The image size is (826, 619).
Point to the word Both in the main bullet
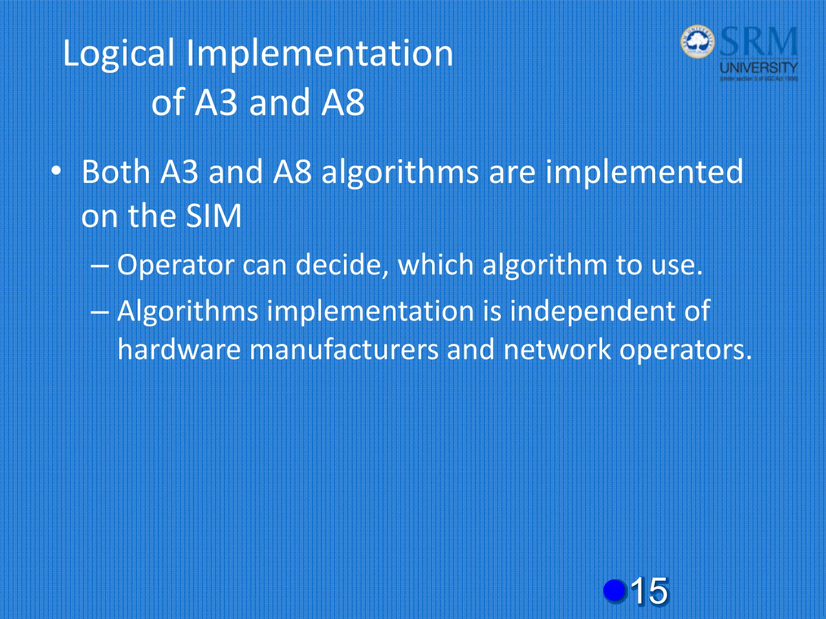pos(116,172)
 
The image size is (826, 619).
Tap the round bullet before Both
pos(56,172)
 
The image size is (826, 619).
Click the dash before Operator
pos(100,266)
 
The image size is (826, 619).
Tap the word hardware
pos(179,349)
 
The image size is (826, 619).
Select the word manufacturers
pos(344,349)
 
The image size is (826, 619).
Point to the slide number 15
pos(649,591)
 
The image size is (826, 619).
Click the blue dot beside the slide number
pos(614,590)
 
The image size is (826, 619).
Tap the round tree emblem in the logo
pos(698,41)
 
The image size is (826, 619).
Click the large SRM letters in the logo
pos(758,42)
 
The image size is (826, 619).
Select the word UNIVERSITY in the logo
pos(759,67)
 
